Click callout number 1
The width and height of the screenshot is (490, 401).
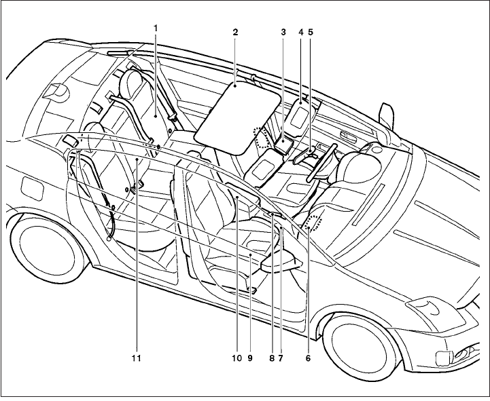(x=155, y=28)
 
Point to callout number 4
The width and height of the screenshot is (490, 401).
(x=300, y=32)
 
